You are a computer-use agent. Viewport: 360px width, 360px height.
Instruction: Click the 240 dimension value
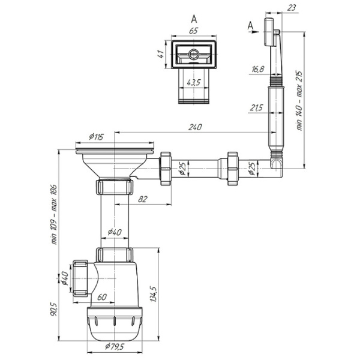pos(195,127)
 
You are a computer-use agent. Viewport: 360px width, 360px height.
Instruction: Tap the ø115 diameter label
pos(97,137)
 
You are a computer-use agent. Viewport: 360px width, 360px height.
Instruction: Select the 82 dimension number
pos(142,199)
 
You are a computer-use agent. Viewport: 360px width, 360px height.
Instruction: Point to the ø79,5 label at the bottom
pos(115,347)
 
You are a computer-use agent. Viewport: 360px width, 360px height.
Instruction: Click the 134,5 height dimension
pos(153,293)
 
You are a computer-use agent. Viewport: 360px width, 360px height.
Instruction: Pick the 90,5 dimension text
pos(54,309)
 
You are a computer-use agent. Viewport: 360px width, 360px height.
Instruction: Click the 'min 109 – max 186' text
pos(54,214)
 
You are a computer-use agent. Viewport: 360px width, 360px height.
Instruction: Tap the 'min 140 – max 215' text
pos(299,101)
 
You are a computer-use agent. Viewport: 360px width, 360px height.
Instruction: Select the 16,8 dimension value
pos(258,69)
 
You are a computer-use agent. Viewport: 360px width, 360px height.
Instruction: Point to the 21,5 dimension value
pos(256,107)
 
